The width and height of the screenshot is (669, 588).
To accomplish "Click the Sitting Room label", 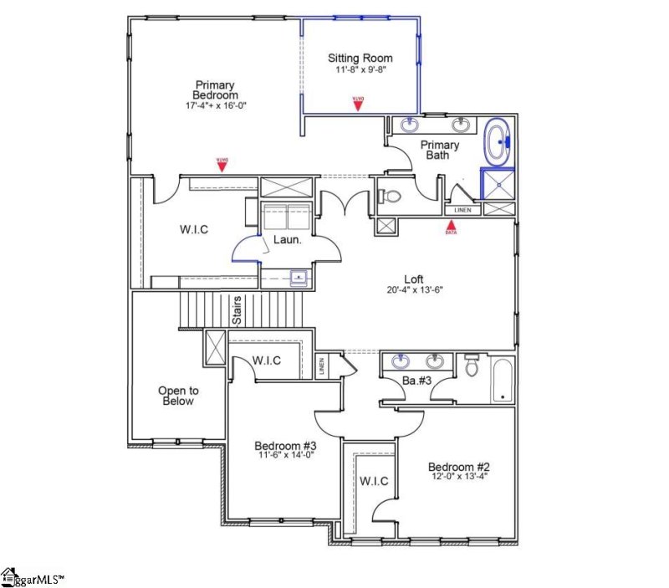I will coord(360,58).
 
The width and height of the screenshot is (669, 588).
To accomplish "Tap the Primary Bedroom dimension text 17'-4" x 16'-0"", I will coord(216,106).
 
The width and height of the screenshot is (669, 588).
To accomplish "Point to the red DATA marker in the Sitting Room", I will coord(358,102).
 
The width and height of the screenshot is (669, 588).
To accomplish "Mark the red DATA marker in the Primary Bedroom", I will coord(222,164).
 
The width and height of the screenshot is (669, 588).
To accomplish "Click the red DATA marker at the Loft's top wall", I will coord(451,224).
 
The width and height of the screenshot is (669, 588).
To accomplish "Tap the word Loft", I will coord(414,279).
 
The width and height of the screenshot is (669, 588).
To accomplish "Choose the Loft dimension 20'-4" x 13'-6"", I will coord(414,290).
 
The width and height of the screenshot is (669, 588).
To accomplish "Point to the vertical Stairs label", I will coord(237,309).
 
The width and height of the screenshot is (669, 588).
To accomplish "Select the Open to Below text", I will coord(177,396).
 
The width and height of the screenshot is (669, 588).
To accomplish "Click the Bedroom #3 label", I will coord(283,446).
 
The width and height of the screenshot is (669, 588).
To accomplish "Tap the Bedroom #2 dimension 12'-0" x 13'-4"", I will coord(457,478).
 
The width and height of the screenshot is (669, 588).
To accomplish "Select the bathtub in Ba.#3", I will coord(503,378).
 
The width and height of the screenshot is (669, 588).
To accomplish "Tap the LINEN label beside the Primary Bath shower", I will coord(462,210).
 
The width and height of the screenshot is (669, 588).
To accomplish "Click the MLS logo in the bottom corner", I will coord(33,576).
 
